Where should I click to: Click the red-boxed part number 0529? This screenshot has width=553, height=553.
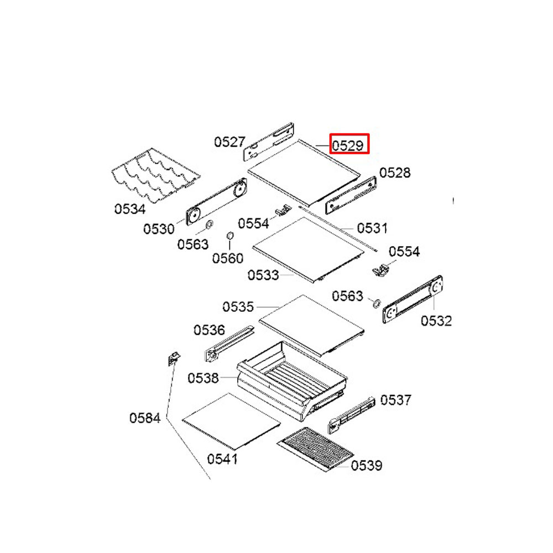(x=348, y=145)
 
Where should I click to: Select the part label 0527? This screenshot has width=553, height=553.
(x=229, y=142)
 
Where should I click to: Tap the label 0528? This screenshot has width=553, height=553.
(x=395, y=173)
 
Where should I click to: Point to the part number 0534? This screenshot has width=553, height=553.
(x=130, y=209)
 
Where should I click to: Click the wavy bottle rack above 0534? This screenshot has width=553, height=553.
(x=155, y=176)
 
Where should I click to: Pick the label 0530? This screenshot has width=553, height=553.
(x=159, y=229)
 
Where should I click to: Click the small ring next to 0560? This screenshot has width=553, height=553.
(x=229, y=235)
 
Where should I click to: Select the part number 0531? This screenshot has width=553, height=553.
(x=372, y=228)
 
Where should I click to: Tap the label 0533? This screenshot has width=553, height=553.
(x=263, y=275)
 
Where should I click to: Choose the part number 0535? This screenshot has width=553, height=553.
(x=238, y=306)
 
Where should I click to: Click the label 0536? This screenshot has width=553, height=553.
(x=209, y=330)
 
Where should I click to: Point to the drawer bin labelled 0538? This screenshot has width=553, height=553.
(x=292, y=381)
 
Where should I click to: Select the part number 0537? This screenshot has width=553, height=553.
(x=396, y=400)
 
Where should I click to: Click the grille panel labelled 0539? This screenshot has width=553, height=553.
(x=315, y=448)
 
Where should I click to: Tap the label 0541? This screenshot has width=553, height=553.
(x=222, y=459)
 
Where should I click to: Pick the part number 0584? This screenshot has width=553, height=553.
(x=145, y=418)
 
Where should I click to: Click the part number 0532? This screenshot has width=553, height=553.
(x=436, y=321)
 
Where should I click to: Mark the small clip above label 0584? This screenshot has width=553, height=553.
(x=174, y=359)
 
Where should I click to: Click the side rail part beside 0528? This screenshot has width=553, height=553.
(x=351, y=195)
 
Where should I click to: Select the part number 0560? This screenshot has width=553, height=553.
(x=227, y=258)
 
